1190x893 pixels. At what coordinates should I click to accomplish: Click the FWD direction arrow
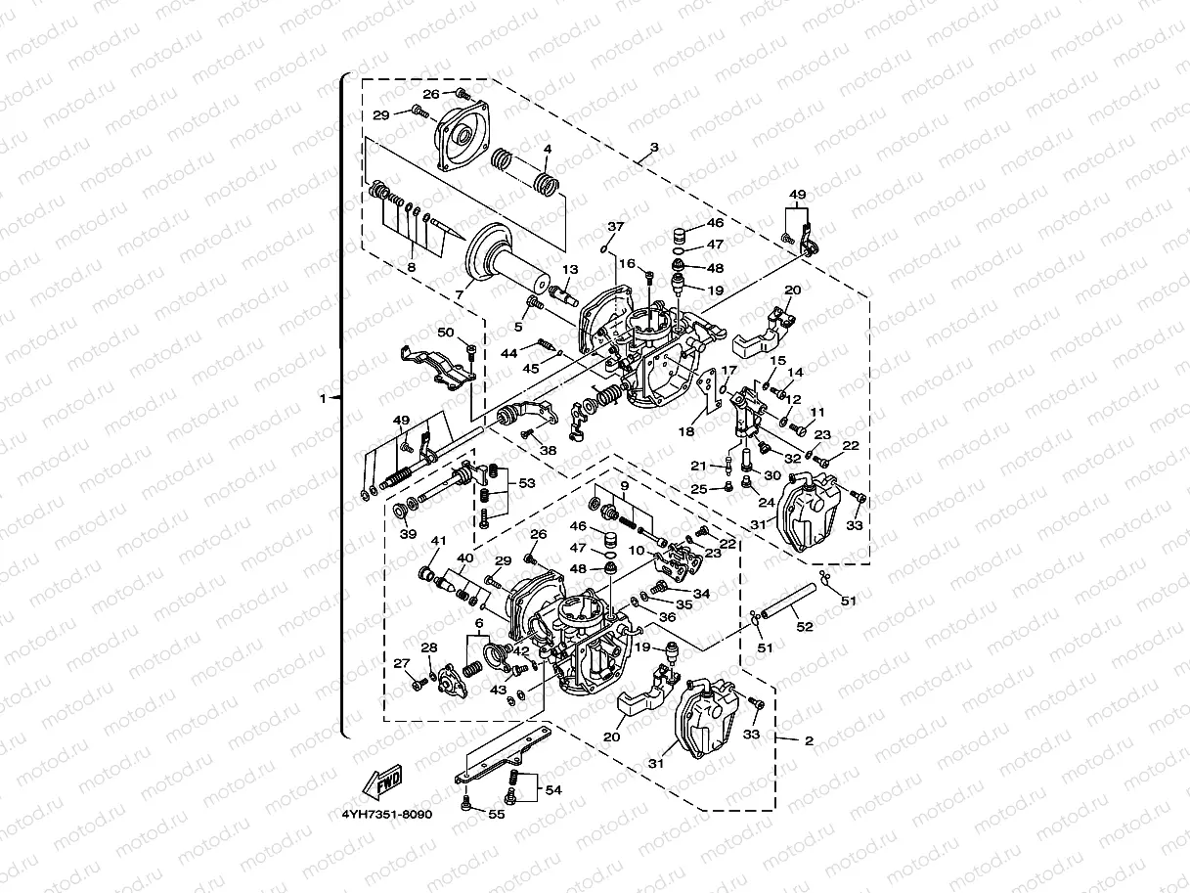point(381,781)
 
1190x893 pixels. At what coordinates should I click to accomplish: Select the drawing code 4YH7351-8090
point(386,813)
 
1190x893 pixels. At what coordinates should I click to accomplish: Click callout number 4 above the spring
point(548,150)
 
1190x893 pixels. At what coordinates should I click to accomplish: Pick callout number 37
point(614,227)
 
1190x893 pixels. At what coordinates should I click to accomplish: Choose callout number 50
point(446,334)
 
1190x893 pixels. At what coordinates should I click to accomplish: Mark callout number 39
point(408,534)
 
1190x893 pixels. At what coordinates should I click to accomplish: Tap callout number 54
point(552,789)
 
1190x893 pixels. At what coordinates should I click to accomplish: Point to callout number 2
point(808,740)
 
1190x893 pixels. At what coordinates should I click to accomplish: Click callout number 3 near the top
point(654,147)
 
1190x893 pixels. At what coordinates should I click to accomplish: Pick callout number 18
point(688,430)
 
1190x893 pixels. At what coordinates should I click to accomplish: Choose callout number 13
point(570,270)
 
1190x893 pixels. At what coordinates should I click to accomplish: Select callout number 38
point(548,451)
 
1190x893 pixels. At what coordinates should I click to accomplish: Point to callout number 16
point(627,263)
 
